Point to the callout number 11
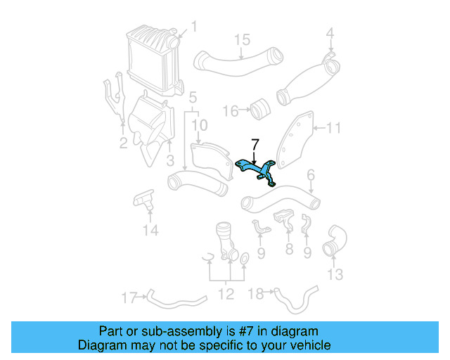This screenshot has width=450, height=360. pos(333,128)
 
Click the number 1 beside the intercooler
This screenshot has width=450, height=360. pos(194,27)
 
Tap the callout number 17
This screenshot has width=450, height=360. pos(128,297)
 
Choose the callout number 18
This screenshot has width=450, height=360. pos(257,292)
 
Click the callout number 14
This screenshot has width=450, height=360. pos(150,230)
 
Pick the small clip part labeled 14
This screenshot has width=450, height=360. pos(144,200)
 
